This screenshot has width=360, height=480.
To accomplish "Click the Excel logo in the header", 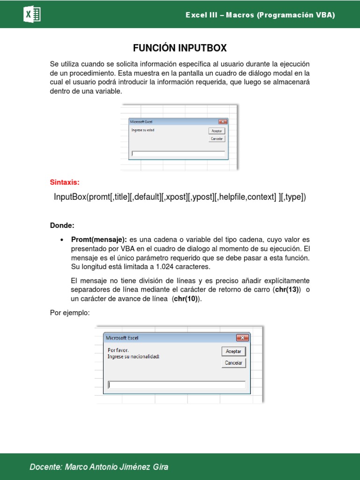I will [x=32, y=15].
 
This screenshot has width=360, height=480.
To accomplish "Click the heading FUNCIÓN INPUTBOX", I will [x=180, y=48].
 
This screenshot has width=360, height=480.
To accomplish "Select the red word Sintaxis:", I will [x=65, y=182].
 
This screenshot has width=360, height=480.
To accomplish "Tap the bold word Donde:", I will [x=62, y=225].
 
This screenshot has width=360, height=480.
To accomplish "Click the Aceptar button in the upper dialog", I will [x=217, y=131].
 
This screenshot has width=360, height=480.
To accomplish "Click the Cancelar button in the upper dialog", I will [x=217, y=139].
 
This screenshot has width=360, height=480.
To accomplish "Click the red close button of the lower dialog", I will [x=242, y=337].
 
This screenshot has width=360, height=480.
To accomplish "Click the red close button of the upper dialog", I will [x=223, y=122].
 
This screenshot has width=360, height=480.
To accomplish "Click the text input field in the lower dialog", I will [x=176, y=385].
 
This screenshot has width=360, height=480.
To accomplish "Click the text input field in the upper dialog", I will [x=178, y=153].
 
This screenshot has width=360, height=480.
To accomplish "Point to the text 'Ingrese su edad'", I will [x=142, y=130].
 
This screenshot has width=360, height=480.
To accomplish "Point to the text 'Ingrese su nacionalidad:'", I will [x=133, y=356].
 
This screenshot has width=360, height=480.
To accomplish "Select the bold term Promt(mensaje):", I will [x=99, y=240].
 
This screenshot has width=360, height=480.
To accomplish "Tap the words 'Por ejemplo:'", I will [x=69, y=313].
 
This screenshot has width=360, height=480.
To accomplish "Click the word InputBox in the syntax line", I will [x=70, y=197].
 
